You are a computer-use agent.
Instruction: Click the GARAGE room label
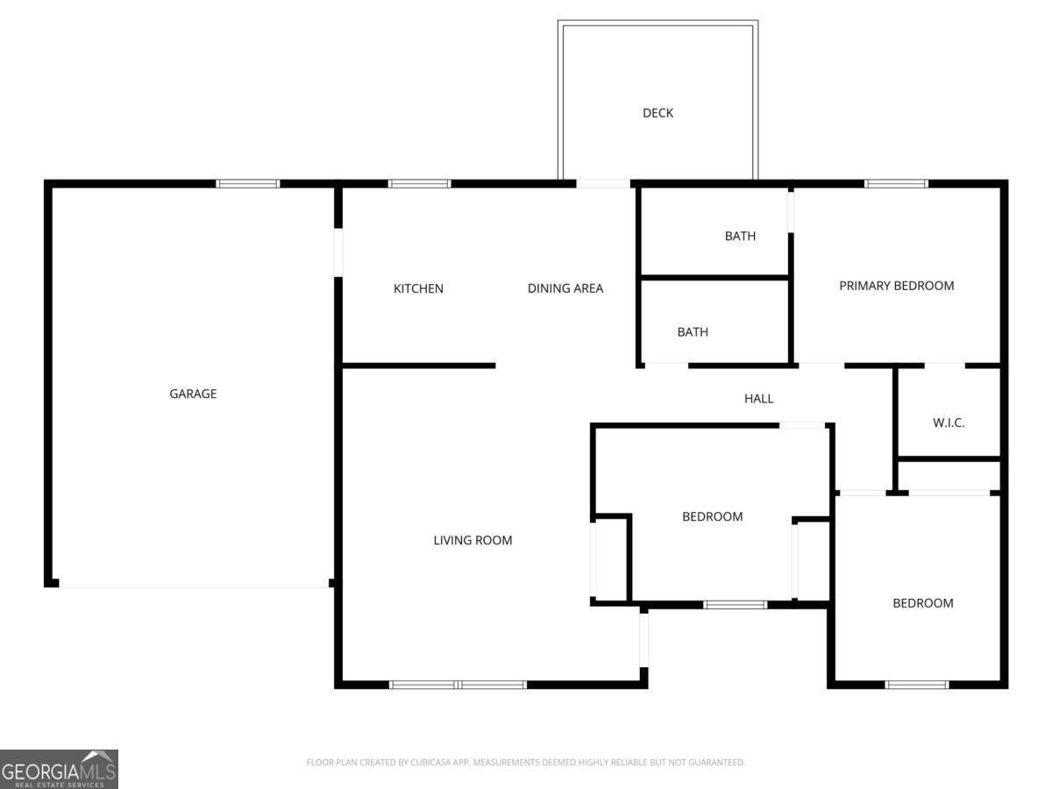(x=193, y=394)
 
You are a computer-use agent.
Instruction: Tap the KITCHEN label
(x=418, y=288)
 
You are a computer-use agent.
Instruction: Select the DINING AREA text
(x=565, y=288)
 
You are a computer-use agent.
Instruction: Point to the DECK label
(x=657, y=113)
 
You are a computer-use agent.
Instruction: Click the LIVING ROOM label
(x=473, y=540)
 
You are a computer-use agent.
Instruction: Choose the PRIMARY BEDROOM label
(x=896, y=286)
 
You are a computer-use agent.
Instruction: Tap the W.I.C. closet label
(x=949, y=423)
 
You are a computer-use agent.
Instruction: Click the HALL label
(x=758, y=399)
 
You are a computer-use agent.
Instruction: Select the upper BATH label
(x=740, y=236)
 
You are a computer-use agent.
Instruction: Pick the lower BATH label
(x=693, y=332)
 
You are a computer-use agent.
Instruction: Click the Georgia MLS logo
(x=59, y=769)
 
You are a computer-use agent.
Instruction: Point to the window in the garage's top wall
(x=248, y=183)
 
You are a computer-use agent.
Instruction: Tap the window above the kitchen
(x=419, y=183)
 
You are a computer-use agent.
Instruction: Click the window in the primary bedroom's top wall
(x=896, y=183)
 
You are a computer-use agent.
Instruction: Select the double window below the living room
(x=458, y=684)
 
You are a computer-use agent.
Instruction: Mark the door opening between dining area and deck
(x=603, y=183)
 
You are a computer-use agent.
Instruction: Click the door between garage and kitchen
(x=338, y=252)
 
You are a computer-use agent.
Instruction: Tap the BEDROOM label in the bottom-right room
(x=922, y=603)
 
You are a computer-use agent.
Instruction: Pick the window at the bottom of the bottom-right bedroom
(x=917, y=684)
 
